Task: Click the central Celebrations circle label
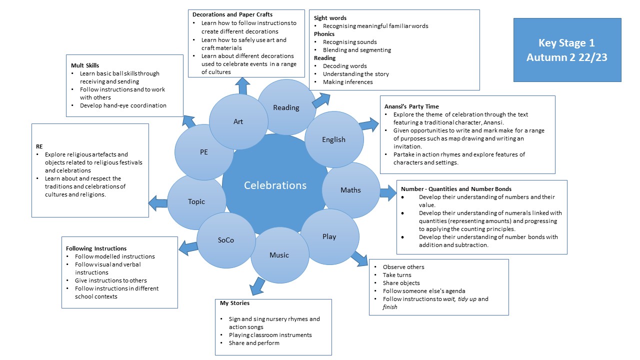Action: tap(275, 185)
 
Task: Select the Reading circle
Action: tap(286, 107)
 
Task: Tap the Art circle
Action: tap(238, 121)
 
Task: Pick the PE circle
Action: tap(204, 152)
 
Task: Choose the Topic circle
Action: tap(196, 201)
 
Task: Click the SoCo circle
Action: tap(226, 240)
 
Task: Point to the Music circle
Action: tap(279, 255)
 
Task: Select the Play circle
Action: tap(329, 236)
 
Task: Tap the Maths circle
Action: tap(350, 190)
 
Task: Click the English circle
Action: tap(333, 139)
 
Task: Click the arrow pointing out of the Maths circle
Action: tap(387, 192)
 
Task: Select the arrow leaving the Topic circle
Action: tap(158, 203)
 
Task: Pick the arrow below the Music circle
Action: tap(257, 286)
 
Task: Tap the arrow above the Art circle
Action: tap(243, 85)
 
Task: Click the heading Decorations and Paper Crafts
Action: tap(232, 14)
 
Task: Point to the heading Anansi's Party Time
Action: tap(411, 106)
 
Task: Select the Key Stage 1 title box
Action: tap(567, 50)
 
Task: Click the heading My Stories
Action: tap(234, 303)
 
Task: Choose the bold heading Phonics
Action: tap(324, 34)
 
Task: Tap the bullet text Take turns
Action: tap(397, 275)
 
